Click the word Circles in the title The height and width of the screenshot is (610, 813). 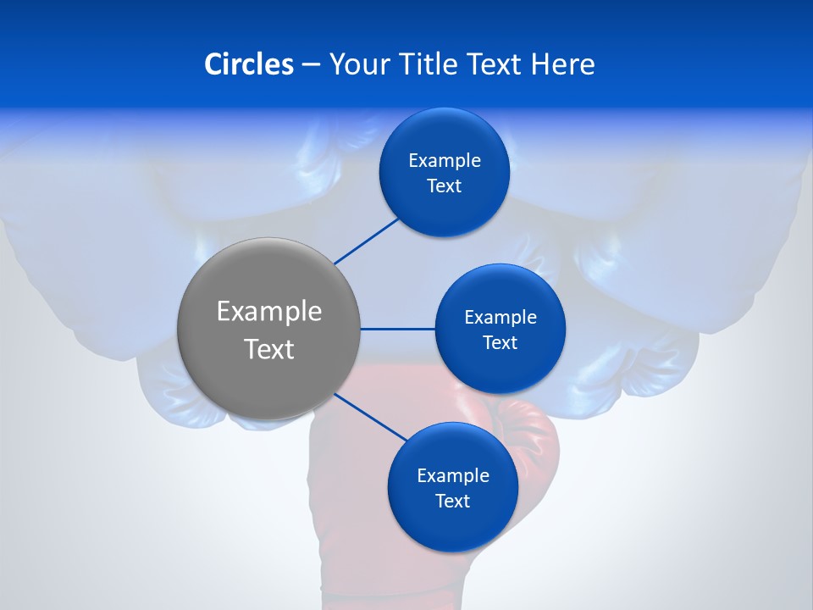[248, 64]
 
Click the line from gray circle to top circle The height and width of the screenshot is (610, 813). [366, 241]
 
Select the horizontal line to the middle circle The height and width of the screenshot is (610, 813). [397, 329]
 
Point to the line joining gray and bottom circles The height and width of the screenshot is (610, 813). [371, 417]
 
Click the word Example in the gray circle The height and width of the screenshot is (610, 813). [269, 311]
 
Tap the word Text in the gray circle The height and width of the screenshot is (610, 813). [269, 349]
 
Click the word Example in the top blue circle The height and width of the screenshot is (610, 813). [445, 160]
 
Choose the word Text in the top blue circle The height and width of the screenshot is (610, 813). [444, 186]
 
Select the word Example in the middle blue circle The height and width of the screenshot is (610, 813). [501, 317]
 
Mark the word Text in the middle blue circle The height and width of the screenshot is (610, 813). [500, 343]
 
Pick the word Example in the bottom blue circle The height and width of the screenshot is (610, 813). [453, 475]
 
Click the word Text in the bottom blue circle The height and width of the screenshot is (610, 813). [452, 502]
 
